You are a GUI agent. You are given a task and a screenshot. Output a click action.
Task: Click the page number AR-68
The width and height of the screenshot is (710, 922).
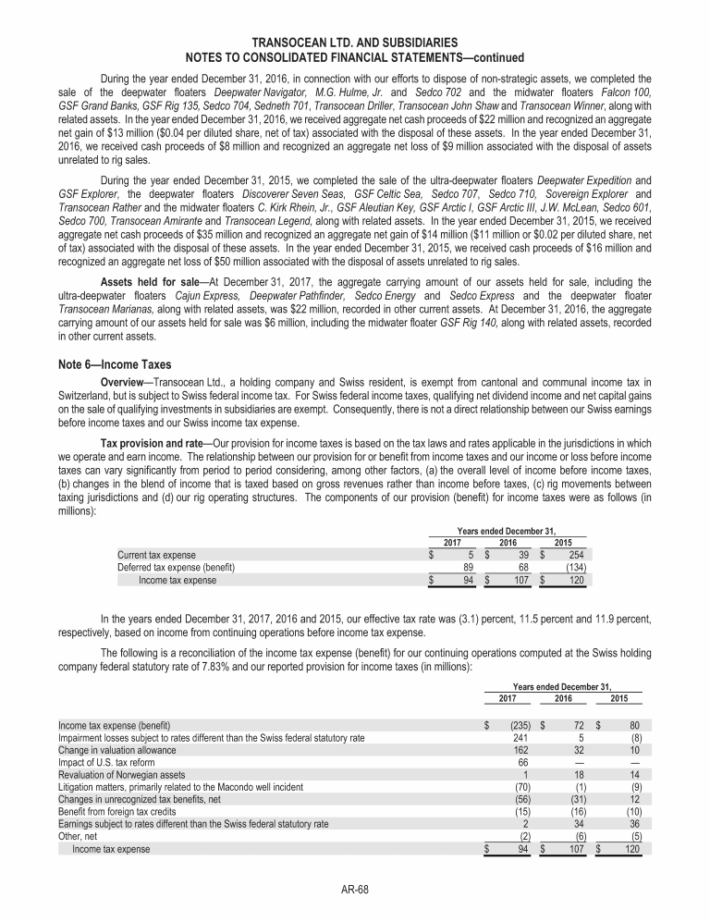[x=354, y=891]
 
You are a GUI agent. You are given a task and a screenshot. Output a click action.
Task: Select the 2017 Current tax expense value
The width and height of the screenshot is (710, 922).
[x=470, y=554]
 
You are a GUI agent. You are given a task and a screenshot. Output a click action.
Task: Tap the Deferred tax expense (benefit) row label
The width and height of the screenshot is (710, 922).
[x=176, y=567]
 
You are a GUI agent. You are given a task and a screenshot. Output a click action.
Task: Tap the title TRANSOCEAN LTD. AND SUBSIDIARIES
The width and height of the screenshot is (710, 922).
[x=354, y=43]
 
